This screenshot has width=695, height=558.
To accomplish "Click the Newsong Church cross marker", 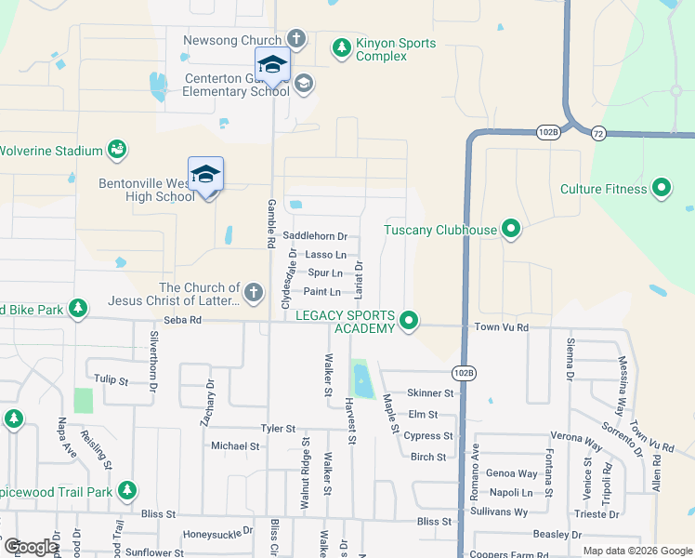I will [x=295, y=39].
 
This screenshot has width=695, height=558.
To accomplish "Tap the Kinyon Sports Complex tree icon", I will [x=342, y=46].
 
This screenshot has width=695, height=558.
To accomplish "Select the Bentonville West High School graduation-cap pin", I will [x=205, y=175].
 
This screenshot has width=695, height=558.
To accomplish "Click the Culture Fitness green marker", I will [x=662, y=189].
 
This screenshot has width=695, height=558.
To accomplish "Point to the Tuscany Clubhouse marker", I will [x=510, y=227].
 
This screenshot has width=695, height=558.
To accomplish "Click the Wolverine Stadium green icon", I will [x=117, y=149].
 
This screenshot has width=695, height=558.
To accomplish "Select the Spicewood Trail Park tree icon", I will [x=127, y=489].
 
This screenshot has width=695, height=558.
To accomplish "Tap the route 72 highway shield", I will [x=598, y=132].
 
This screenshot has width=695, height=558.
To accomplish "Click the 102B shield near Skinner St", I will [x=464, y=372].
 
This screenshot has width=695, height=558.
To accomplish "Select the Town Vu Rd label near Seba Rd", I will [x=501, y=327].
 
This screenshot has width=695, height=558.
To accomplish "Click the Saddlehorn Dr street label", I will [x=314, y=237].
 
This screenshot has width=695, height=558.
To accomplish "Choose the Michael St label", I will [x=235, y=446].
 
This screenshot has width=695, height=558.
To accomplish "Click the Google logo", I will [x=31, y=547].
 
